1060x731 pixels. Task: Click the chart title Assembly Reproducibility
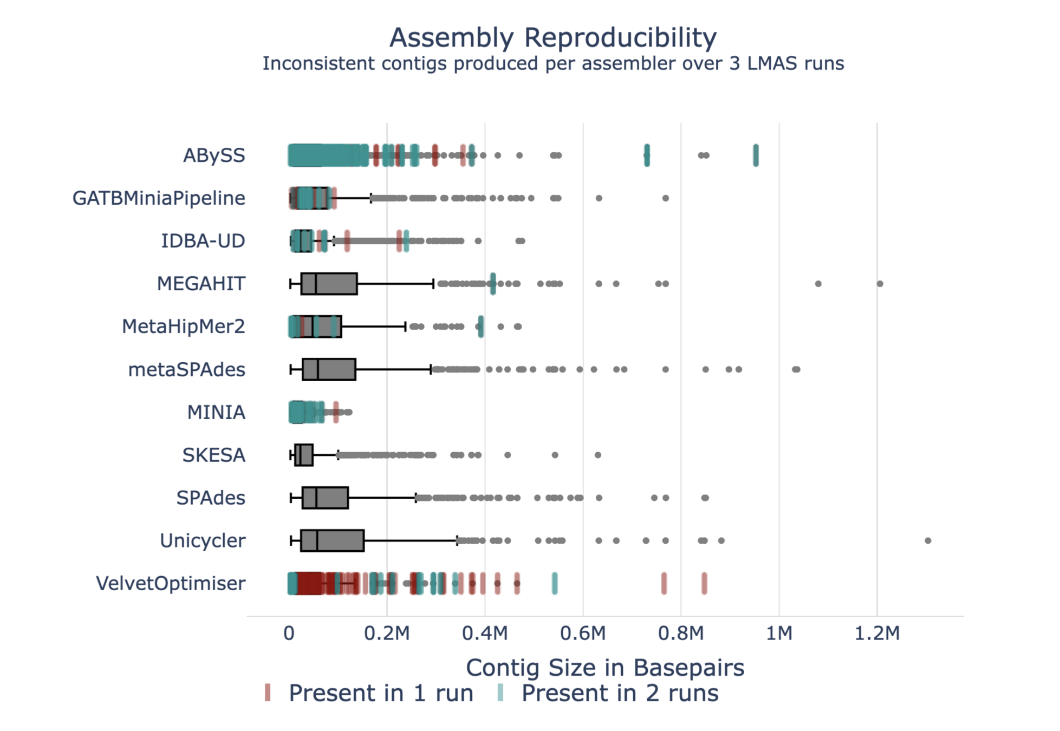point(552,38)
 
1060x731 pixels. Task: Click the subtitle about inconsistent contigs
point(552,64)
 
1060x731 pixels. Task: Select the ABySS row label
point(214,155)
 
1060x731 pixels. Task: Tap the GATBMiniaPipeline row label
point(159,198)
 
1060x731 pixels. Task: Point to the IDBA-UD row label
point(203,241)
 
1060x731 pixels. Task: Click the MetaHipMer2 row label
point(183,327)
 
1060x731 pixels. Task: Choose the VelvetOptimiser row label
point(171,583)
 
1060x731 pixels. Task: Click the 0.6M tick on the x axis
point(583,632)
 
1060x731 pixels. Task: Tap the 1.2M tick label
point(876,632)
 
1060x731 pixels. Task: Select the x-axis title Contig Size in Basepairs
point(604,668)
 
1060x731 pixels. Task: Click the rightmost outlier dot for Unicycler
point(927,540)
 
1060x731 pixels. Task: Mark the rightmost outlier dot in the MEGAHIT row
point(880,284)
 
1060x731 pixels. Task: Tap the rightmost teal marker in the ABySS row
point(756,155)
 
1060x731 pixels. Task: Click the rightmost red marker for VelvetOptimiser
point(704,583)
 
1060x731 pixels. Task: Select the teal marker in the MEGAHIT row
point(492,284)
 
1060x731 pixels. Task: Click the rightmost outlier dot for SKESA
point(597,455)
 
